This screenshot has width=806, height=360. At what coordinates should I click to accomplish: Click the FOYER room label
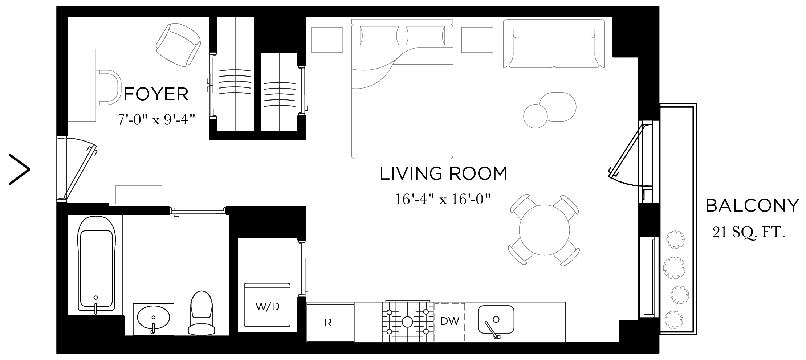click(x=156, y=94)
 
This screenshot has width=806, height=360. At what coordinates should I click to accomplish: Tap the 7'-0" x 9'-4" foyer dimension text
click(x=156, y=119)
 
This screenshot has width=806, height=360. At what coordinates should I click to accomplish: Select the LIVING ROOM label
click(x=443, y=173)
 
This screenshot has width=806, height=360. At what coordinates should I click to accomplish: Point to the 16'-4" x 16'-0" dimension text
click(x=443, y=199)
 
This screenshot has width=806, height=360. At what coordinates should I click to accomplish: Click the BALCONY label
click(x=752, y=206)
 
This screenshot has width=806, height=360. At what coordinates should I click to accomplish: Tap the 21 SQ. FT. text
click(x=749, y=232)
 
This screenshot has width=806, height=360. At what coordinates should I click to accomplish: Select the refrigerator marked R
click(x=330, y=322)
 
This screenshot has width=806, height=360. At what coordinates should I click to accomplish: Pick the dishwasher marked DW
click(x=449, y=322)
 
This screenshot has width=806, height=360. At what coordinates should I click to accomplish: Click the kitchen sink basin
click(x=496, y=319)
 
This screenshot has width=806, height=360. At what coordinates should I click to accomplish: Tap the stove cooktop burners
click(x=407, y=322)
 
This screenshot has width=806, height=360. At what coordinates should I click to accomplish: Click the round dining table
click(x=544, y=230)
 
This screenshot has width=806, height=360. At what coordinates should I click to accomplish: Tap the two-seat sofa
click(x=553, y=44)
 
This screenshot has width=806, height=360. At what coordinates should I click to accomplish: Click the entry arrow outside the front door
click(x=20, y=169)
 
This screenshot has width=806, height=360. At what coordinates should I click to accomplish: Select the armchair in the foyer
click(x=178, y=44)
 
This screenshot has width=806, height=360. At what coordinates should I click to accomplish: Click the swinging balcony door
click(x=625, y=152)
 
